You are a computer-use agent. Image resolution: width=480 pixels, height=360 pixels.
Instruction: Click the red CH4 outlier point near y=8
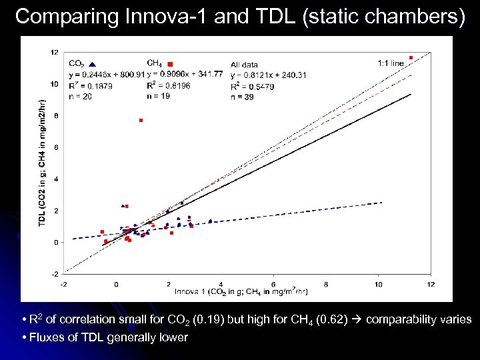coord(141,120)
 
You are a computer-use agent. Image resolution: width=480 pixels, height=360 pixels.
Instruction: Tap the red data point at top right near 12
coord(411,58)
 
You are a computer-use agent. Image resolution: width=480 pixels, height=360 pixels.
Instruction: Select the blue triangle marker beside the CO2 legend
coord(92,63)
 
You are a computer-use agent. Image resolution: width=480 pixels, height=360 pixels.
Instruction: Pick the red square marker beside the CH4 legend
coord(169,63)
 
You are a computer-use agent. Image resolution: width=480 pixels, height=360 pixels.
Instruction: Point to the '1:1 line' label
coord(391,63)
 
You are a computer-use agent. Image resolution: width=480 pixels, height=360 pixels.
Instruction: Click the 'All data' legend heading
coord(244,65)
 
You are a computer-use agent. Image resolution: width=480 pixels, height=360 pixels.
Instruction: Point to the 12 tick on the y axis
coord(55,52)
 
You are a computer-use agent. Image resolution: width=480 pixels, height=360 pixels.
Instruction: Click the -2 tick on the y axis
coord(55,273)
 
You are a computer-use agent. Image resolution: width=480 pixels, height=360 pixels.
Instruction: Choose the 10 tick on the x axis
coord(378,285)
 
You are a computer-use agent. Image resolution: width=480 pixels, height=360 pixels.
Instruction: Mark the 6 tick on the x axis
coord(273,285)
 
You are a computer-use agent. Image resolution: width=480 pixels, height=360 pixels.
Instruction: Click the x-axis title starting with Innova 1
coord(241,292)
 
